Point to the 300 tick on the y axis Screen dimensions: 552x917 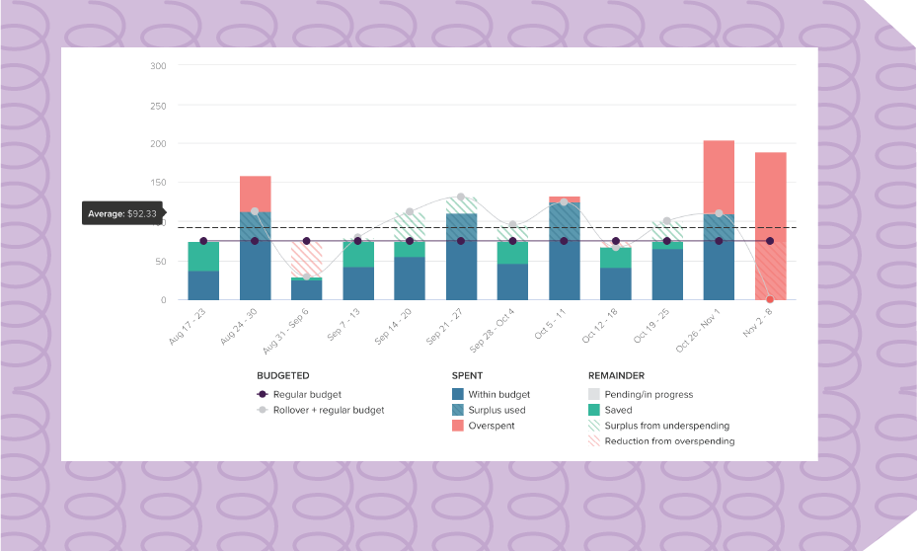point(158,66)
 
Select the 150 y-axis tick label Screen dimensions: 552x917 point(158,183)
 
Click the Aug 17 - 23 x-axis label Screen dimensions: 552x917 point(189,325)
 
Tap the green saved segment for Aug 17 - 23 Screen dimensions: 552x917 point(203,256)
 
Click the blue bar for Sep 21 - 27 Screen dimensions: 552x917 point(461,257)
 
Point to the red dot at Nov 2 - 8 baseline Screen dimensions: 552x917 point(770,299)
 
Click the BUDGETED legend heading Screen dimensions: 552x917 point(283,376)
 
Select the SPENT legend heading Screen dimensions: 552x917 point(467,376)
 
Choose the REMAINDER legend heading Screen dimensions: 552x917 point(617,376)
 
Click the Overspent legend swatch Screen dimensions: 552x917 point(458,426)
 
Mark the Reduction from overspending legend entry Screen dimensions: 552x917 point(669,441)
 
